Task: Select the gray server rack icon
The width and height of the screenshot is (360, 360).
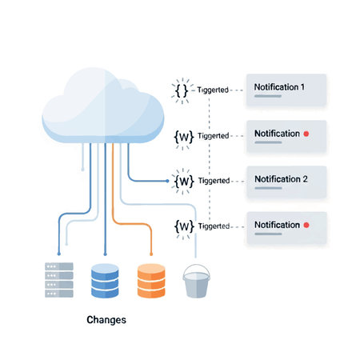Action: coord(58,278)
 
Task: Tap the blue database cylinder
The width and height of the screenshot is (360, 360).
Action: coord(105,279)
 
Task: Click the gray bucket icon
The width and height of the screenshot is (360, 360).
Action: coord(196,282)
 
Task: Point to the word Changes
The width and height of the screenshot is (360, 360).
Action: coord(106,319)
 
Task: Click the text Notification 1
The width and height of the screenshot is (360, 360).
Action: coord(280,86)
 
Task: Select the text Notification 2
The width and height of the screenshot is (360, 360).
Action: coord(280,178)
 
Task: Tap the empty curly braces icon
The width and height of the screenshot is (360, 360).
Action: coord(182,90)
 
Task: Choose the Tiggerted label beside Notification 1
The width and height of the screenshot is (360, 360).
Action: coord(213,90)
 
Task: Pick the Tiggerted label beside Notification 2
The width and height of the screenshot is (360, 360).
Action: coord(213,181)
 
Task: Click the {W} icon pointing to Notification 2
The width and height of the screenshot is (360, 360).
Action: coord(184,182)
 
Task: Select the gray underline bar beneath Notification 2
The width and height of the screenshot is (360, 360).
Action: coord(268,190)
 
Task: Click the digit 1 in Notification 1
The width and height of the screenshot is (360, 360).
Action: coord(303,86)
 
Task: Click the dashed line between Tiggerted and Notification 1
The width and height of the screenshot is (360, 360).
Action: coord(237,90)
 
